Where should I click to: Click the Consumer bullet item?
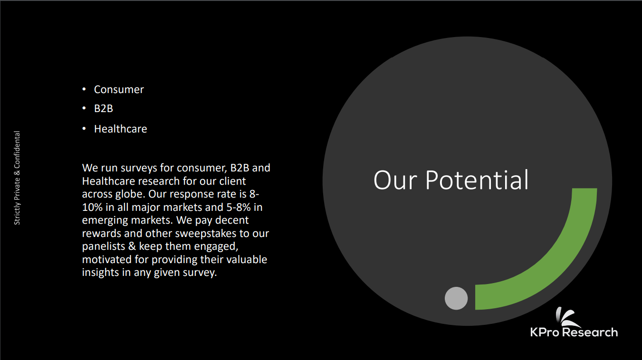click(x=119, y=90)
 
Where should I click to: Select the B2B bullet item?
click(x=104, y=109)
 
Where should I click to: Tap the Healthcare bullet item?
click(x=120, y=129)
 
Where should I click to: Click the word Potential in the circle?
click(x=477, y=180)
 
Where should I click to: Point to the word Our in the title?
click(x=395, y=180)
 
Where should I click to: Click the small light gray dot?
click(x=456, y=298)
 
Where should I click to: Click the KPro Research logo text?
click(x=574, y=332)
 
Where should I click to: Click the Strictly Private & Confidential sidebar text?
click(x=17, y=178)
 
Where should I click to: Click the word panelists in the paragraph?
click(x=104, y=246)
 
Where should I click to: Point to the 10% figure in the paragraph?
click(x=92, y=207)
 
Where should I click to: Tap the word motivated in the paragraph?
click(x=106, y=259)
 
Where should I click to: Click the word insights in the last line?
click(x=100, y=272)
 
